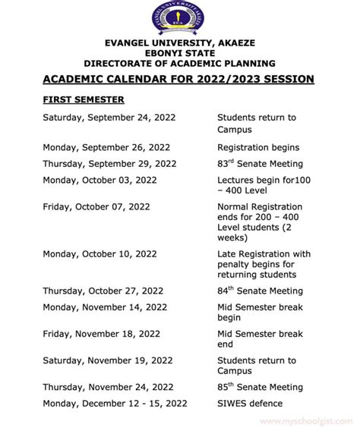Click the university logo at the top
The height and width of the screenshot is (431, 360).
pyautogui.click(x=180, y=18)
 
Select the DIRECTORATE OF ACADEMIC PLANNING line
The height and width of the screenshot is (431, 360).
pyautogui.click(x=179, y=64)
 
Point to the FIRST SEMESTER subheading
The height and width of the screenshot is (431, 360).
pyautogui.click(x=84, y=99)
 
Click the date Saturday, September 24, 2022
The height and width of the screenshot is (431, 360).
pyautogui.click(x=109, y=118)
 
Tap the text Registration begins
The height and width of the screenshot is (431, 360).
pyautogui.click(x=258, y=147)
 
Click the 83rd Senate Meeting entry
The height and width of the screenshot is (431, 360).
pyautogui.click(x=260, y=163)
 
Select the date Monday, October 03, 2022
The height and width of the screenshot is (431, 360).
pyautogui.click(x=99, y=180)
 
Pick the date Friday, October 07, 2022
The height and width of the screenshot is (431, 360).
pyautogui.click(x=96, y=206)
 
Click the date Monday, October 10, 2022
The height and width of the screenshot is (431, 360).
pyautogui.click(x=99, y=253)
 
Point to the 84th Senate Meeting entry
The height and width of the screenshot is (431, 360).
pyautogui.click(x=260, y=291)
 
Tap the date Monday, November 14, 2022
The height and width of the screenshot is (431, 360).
pyautogui.click(x=105, y=307)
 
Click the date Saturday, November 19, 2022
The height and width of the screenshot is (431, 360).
pyautogui.click(x=110, y=360)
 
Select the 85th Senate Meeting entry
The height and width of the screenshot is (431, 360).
pyautogui.click(x=260, y=388)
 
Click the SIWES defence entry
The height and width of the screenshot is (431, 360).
pyautogui.click(x=249, y=404)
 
